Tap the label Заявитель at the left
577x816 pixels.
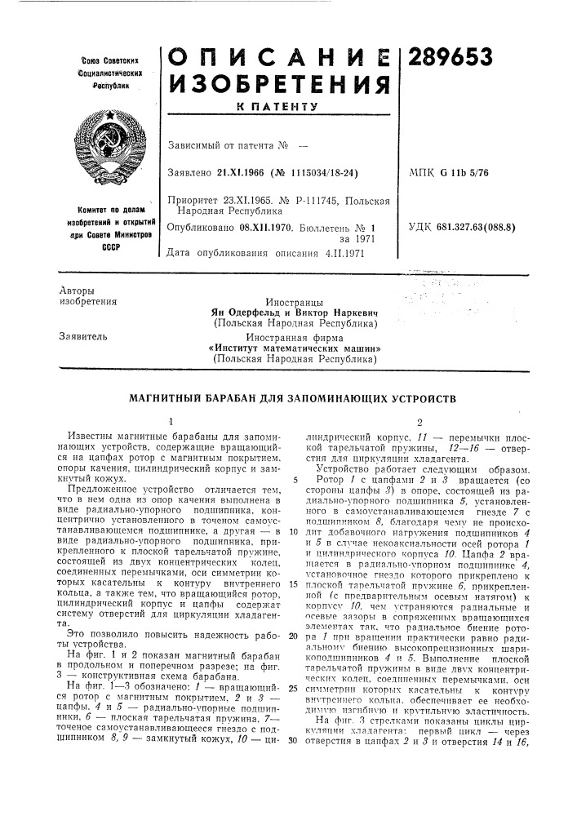(x=83, y=335)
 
